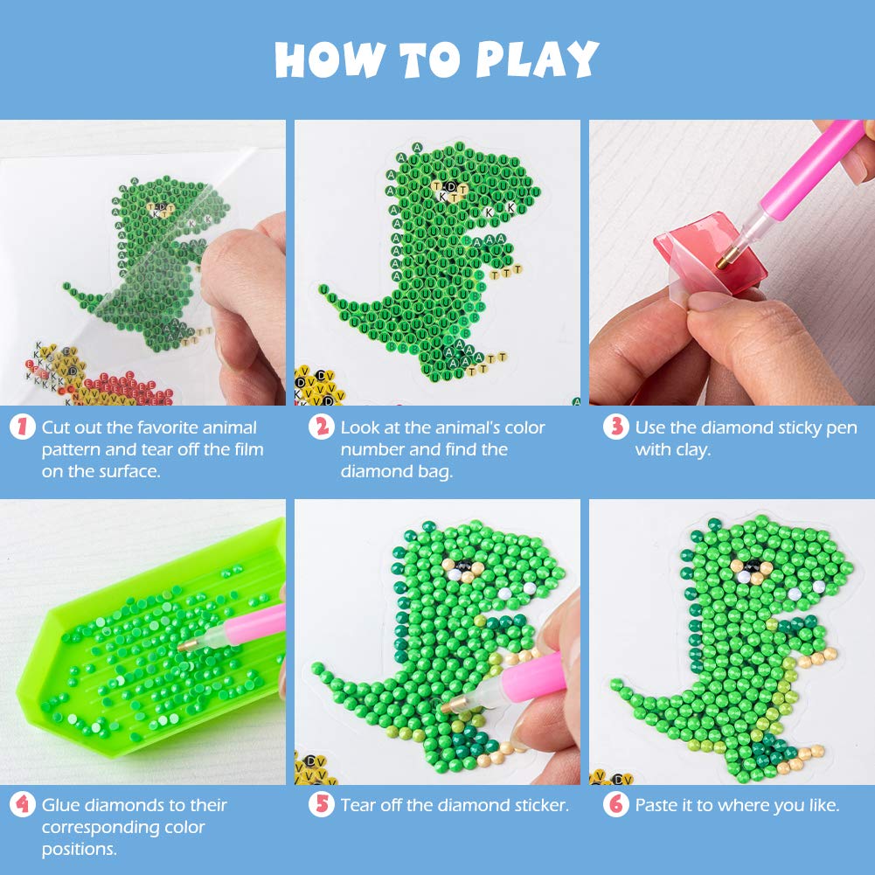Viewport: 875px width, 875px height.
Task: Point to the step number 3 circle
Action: point(617,427)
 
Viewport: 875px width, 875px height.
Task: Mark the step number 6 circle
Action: point(617,805)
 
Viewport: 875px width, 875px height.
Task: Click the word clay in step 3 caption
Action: point(697,449)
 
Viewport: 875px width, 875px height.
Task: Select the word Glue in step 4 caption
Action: point(62,805)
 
